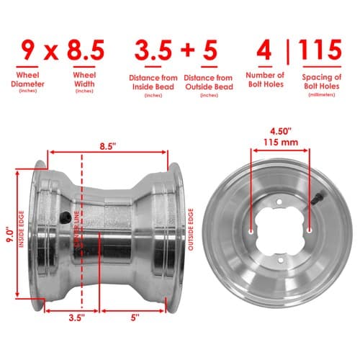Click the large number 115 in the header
[x=320, y=50]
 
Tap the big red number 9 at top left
[x=27, y=50]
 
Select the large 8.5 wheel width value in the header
[x=86, y=50]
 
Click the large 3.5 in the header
[x=153, y=50]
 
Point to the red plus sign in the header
[x=187, y=50]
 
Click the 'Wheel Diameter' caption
[x=28, y=79]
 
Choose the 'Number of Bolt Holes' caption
[x=265, y=80]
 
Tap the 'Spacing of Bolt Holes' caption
[x=322, y=81]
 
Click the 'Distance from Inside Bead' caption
[x=153, y=82]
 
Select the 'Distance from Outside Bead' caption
[x=209, y=82]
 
